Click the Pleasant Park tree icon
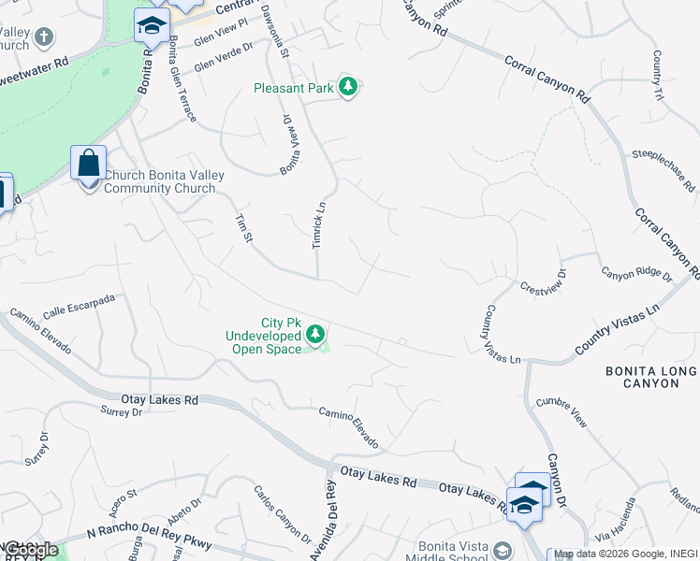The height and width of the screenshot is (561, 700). coord(348,88)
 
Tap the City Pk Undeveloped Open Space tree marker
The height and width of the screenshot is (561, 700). coord(315,334)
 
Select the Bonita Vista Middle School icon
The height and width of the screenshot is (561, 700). coord(503,550)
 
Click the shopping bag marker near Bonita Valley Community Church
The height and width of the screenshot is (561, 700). coord(88,164)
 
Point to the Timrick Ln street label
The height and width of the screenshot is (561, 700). coord(318,225)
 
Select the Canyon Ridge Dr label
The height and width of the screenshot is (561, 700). coord(636,275)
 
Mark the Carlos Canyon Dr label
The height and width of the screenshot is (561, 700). coord(282,514)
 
